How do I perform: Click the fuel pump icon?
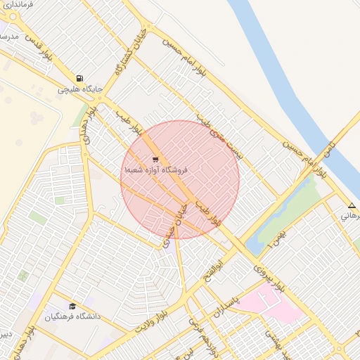[80, 79]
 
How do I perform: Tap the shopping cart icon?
[155, 160]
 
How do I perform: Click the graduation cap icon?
[72, 306]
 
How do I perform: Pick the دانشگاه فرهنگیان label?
[73, 316]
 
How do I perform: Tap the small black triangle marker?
[352, 206]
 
